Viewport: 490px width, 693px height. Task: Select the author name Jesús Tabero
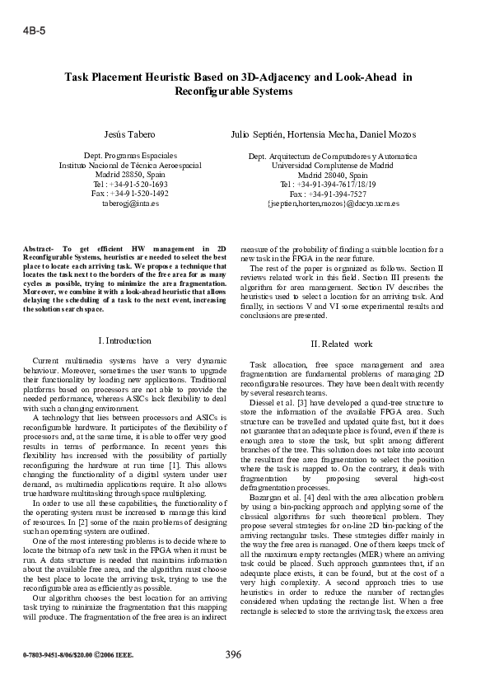129,133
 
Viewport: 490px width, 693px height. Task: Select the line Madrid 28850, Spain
130,174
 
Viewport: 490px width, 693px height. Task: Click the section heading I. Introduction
124,340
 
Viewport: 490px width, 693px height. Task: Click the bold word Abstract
40,248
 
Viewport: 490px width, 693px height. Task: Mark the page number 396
233,655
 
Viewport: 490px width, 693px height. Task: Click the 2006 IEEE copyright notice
107,657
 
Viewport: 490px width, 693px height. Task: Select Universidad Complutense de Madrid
333,165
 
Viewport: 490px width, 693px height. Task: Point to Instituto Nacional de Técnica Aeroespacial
130,165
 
